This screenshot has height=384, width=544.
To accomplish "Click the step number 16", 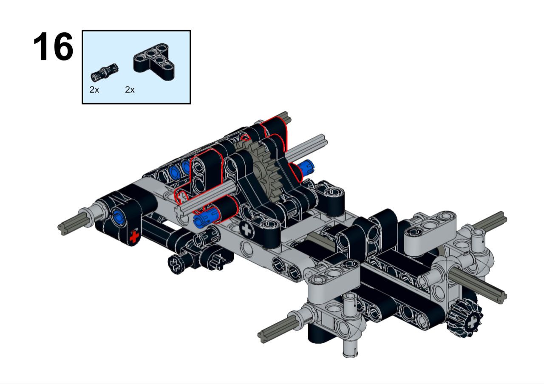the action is pos(53,46).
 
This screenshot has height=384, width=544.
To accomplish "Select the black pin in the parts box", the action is pos(105,72).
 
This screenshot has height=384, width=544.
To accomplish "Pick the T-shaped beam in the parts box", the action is pos(154,62).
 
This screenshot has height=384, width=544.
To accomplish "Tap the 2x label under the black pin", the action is pos(94,90).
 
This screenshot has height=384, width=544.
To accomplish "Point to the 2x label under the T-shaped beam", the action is pos(130,90).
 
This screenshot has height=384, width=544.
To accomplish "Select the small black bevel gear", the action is pos(465,318).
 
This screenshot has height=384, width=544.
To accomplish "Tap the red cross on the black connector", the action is pos(134,237).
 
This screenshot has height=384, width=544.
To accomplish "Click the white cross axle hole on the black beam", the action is pos(246,230).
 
